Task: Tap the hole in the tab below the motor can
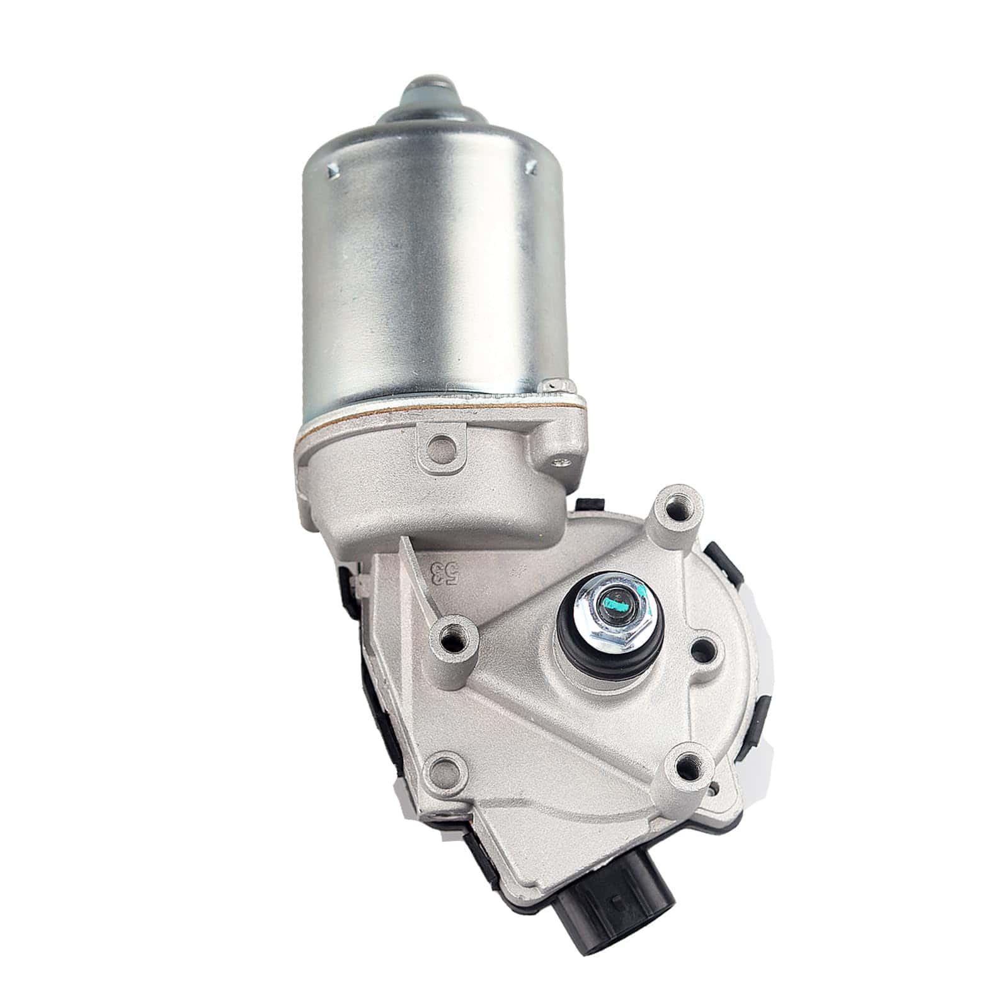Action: tap(442, 446)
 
